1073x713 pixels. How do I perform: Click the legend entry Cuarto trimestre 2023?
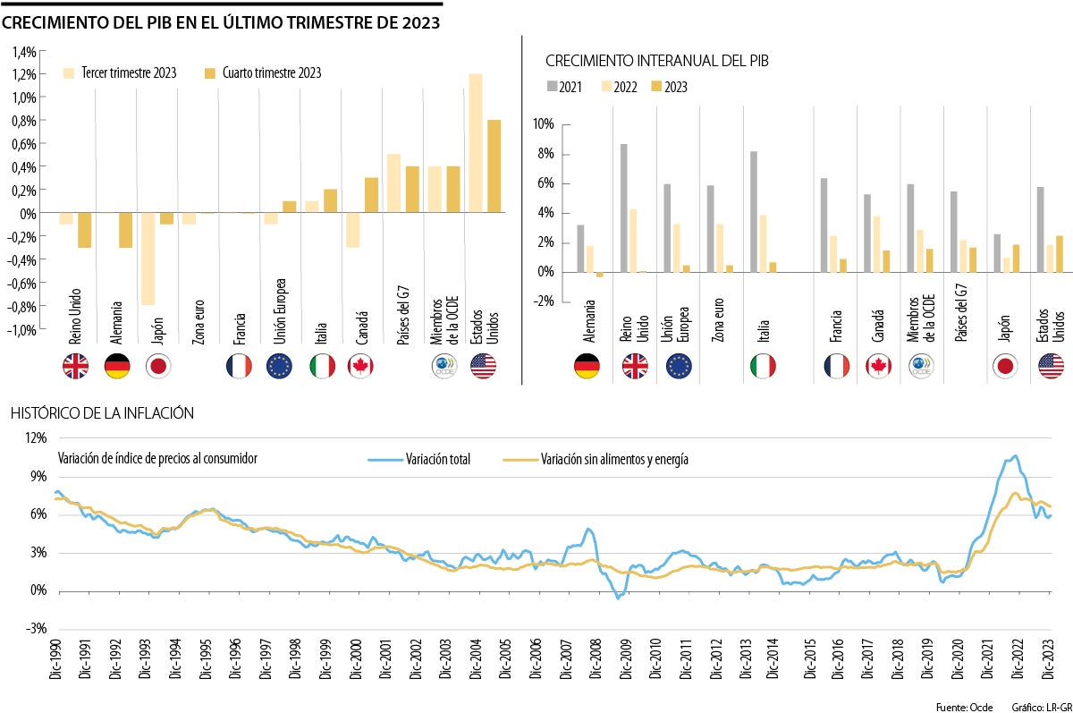click(263, 73)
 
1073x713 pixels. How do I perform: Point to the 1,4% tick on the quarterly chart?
click(23, 51)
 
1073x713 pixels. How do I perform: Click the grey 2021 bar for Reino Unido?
click(622, 208)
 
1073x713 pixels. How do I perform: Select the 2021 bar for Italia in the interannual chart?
click(754, 211)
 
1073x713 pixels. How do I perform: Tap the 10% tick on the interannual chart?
click(543, 123)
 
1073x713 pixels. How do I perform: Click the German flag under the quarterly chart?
click(117, 366)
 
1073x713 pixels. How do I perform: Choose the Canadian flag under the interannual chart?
click(879, 366)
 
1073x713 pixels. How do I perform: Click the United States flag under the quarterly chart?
click(484, 366)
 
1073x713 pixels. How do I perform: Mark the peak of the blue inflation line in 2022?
click(1014, 455)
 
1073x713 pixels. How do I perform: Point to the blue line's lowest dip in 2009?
click(618, 598)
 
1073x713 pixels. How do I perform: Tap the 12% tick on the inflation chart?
click(36, 437)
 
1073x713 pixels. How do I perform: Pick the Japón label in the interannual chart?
click(1003, 334)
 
